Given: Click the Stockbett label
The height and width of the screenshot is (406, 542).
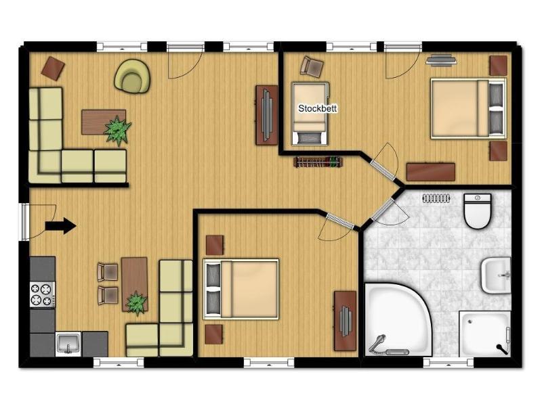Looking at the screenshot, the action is (317, 108).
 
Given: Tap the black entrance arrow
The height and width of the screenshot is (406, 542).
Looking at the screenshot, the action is (60, 226).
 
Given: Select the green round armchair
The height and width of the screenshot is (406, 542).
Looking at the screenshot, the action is (132, 76).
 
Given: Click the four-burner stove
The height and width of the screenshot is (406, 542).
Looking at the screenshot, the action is (42, 294).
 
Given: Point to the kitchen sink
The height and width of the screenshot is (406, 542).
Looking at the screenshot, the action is (68, 344).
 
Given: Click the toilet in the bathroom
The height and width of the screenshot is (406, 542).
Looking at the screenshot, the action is (478, 211).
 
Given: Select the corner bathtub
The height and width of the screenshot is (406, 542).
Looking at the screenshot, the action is (397, 320).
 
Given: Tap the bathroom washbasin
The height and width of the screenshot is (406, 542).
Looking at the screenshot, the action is (496, 275).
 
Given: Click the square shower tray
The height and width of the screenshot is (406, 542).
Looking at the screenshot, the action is (484, 334).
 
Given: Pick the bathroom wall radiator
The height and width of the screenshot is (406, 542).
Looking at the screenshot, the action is (436, 198).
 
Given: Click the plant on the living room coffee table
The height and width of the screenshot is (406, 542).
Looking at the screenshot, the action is (117, 130).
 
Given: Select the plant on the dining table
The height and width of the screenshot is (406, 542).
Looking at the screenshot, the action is (136, 303).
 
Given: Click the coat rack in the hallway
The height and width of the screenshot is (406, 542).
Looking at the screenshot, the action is (318, 162).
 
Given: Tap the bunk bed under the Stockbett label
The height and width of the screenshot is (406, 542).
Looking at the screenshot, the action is (310, 114).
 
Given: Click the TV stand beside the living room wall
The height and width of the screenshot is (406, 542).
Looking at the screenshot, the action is (266, 115).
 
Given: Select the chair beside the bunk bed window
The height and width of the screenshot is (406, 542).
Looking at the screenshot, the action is (312, 66).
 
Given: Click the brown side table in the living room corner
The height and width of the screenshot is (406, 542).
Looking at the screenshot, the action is (53, 68).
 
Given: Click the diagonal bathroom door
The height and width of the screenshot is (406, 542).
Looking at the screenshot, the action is (382, 210).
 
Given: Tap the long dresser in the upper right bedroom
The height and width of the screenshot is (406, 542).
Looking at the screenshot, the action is (431, 172).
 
